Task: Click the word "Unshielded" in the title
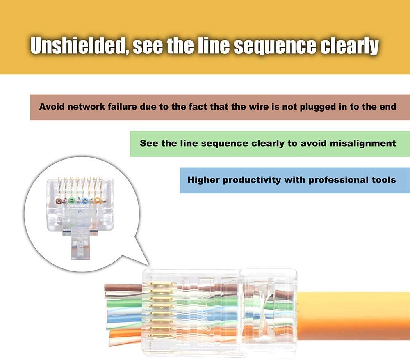77,46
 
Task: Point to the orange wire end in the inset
97,201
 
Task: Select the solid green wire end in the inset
72,201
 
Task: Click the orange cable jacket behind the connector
353,316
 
